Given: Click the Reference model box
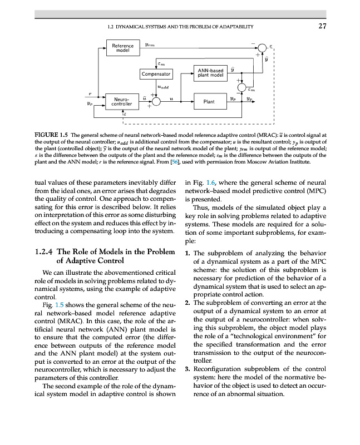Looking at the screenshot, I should click(x=122, y=48).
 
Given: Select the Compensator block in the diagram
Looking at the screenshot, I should click(x=157, y=73).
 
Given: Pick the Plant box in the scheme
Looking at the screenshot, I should click(x=209, y=102).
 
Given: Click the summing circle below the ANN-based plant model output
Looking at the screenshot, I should click(x=242, y=87).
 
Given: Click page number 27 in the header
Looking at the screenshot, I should click(x=322, y=26).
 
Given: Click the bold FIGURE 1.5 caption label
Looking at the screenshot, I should click(x=51, y=135).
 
